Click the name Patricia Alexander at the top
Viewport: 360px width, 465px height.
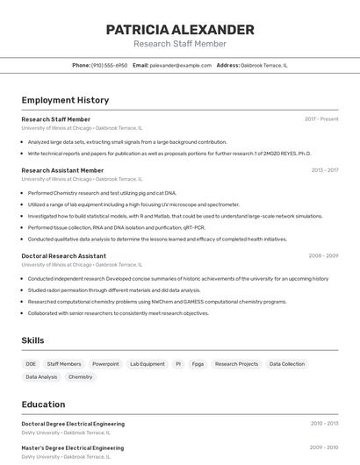pyautogui.click(x=180, y=29)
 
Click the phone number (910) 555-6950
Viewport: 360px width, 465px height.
pyautogui.click(x=109, y=65)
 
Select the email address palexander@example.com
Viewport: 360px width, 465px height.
pyautogui.click(x=180, y=65)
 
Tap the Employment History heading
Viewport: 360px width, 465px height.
pyautogui.click(x=65, y=100)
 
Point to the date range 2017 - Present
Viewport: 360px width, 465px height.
pyautogui.click(x=321, y=118)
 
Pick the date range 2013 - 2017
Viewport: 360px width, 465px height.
pyautogui.click(x=325, y=170)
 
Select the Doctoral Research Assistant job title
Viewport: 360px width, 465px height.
pyautogui.click(x=63, y=256)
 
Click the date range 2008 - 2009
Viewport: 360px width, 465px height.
pyautogui.click(x=323, y=256)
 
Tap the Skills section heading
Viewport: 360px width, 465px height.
pyautogui.click(x=32, y=340)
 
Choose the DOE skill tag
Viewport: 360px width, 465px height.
pyautogui.click(x=31, y=363)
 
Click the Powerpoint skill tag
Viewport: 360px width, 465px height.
pyautogui.click(x=105, y=363)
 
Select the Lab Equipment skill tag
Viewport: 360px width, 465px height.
pyautogui.click(x=147, y=363)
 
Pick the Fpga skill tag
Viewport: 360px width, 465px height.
pyautogui.click(x=198, y=363)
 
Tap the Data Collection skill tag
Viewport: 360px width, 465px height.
pyautogui.click(x=287, y=363)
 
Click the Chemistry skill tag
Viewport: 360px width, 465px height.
pyautogui.click(x=80, y=376)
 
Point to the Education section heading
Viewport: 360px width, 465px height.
pyautogui.click(x=43, y=404)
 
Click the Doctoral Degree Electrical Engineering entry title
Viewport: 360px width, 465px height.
pyautogui.click(x=73, y=424)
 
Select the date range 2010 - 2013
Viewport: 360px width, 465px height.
pyautogui.click(x=324, y=423)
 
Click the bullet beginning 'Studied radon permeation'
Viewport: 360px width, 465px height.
pyautogui.click(x=114, y=290)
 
